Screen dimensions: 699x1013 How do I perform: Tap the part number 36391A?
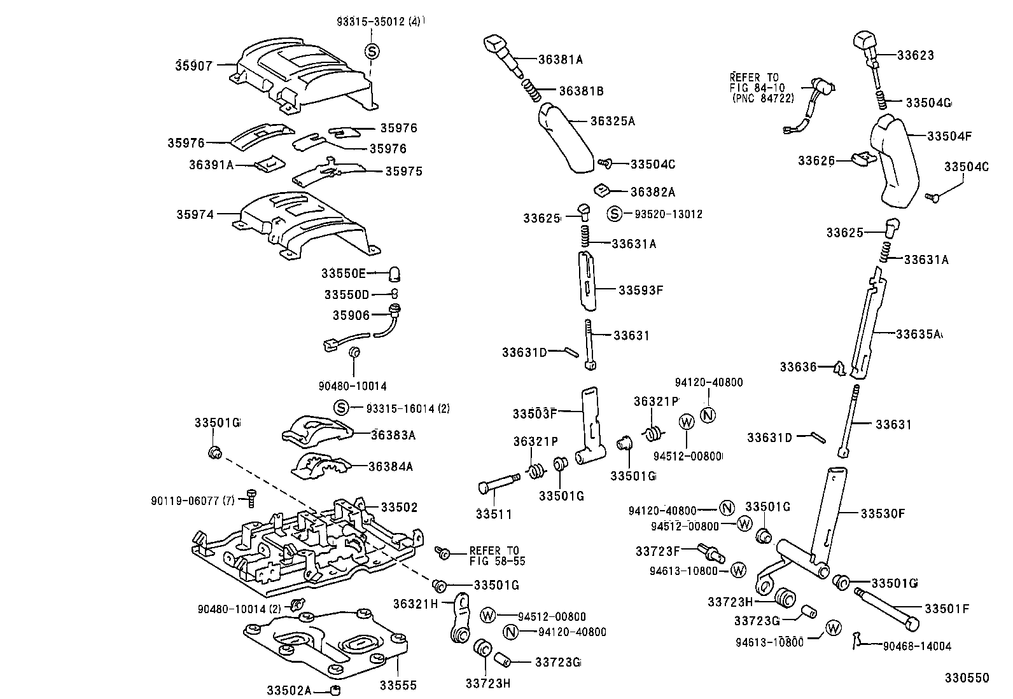(x=211, y=165)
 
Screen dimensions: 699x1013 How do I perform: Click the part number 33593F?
(x=641, y=290)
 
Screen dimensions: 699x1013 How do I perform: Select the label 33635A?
(x=918, y=334)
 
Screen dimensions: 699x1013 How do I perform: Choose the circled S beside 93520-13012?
(x=614, y=214)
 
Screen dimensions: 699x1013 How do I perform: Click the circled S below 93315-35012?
(x=372, y=52)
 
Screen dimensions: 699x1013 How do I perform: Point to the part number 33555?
(x=398, y=685)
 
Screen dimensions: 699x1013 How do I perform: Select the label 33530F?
(x=883, y=513)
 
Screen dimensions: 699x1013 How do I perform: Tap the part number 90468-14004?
(x=917, y=646)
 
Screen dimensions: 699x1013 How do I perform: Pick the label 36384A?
(x=391, y=466)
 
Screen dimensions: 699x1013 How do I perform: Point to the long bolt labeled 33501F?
(x=884, y=607)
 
